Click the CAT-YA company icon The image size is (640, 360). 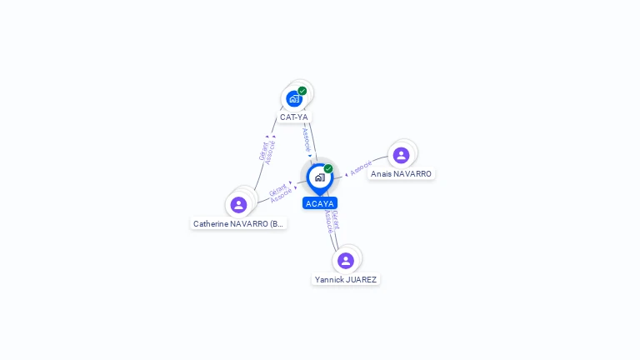click(294, 99)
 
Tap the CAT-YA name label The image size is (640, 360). click(294, 117)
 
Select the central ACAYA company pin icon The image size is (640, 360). click(319, 177)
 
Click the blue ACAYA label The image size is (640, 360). click(320, 203)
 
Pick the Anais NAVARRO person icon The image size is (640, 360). click(401, 155)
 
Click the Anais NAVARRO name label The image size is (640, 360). click(401, 174)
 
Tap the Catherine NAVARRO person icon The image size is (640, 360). click(238, 205)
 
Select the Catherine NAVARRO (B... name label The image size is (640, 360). click(238, 224)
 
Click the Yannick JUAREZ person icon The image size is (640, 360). click(346, 261)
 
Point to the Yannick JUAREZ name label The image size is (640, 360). click(346, 280)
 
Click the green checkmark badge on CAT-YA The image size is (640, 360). click(302, 91)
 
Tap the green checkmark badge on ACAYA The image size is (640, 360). click(328, 168)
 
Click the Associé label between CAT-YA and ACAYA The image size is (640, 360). click(306, 137)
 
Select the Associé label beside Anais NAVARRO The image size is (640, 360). click(361, 168)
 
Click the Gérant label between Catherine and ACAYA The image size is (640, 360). click(277, 189)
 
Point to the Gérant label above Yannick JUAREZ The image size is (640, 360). click(335, 218)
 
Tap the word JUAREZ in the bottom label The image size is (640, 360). click(361, 280)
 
